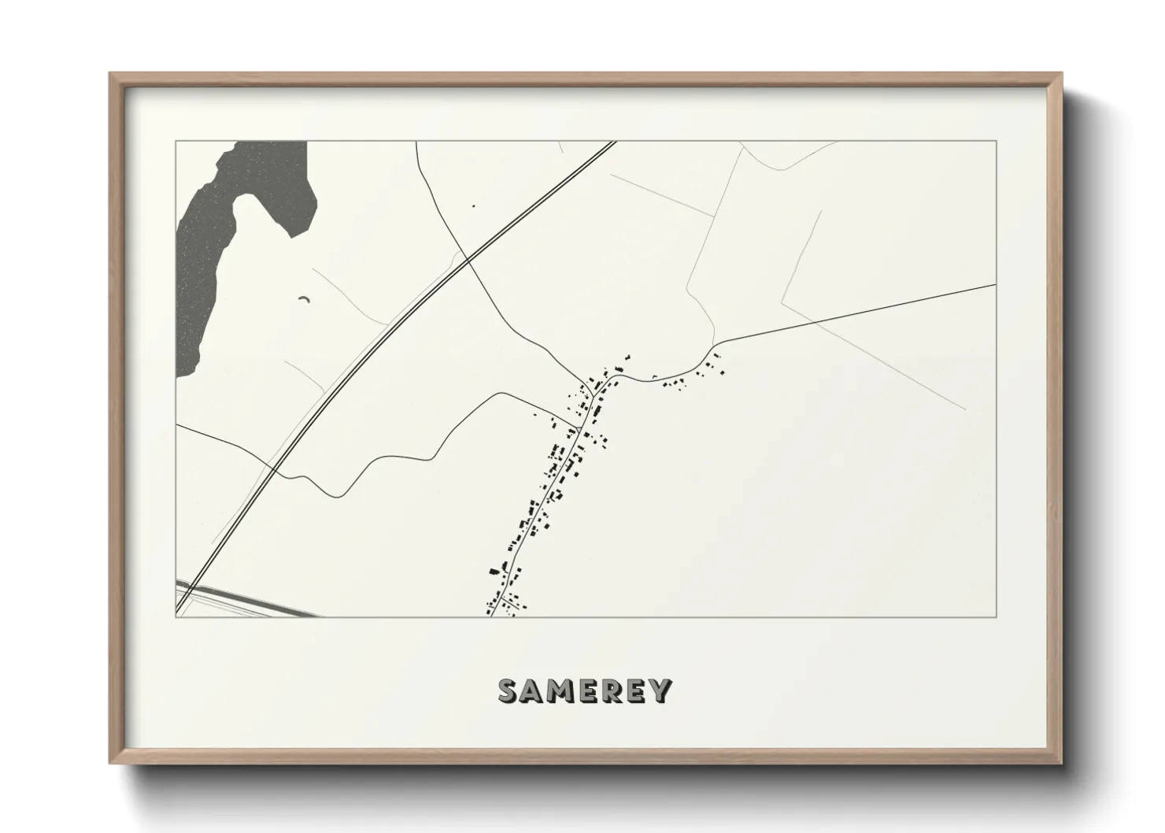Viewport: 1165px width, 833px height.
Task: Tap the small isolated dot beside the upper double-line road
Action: click(473, 206)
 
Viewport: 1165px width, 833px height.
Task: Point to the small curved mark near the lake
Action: click(304, 298)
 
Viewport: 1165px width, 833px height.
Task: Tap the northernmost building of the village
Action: click(627, 356)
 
